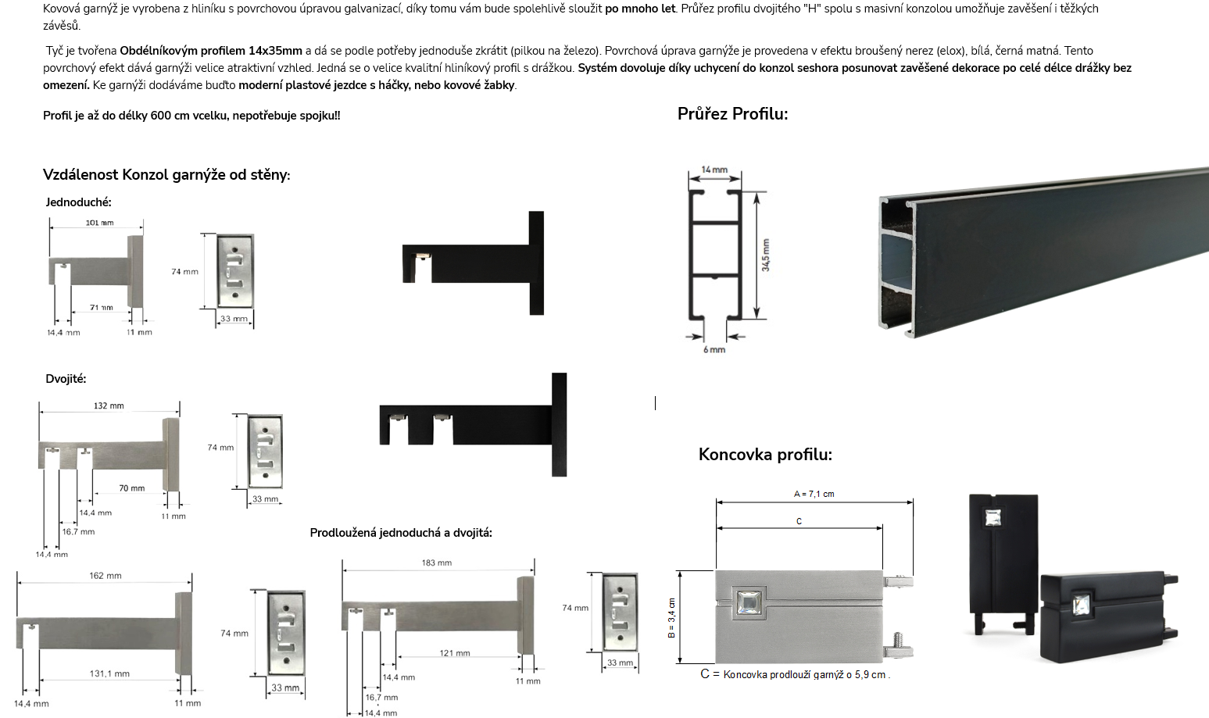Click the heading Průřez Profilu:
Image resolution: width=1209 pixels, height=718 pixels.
point(732,114)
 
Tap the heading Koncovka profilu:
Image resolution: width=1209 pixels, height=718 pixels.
point(765,454)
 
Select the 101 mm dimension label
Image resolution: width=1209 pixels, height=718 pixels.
point(100,222)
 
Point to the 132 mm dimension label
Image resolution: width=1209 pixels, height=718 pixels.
point(109,405)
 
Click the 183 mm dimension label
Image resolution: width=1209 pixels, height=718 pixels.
point(437,563)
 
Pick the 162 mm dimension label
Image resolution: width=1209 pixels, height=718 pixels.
point(106,576)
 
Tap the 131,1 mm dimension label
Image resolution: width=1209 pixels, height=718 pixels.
point(109,673)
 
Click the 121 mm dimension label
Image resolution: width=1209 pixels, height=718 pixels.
point(455,652)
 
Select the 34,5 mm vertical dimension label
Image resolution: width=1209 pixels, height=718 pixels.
point(766,255)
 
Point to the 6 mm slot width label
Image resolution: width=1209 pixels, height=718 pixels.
point(714,349)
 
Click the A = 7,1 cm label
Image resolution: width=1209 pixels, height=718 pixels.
point(814,494)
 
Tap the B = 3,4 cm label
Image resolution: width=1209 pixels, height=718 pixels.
point(671,618)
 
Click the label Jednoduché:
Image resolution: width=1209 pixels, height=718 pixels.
point(78,202)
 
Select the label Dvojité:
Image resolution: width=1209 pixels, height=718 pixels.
point(66,379)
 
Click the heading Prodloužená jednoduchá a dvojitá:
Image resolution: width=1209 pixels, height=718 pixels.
point(401,533)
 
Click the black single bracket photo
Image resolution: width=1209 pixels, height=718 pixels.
point(473,263)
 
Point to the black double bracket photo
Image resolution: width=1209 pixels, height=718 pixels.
point(473,424)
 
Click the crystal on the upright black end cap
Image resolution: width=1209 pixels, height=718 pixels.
point(993,518)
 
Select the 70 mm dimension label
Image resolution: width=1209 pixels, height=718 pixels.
point(132,488)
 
